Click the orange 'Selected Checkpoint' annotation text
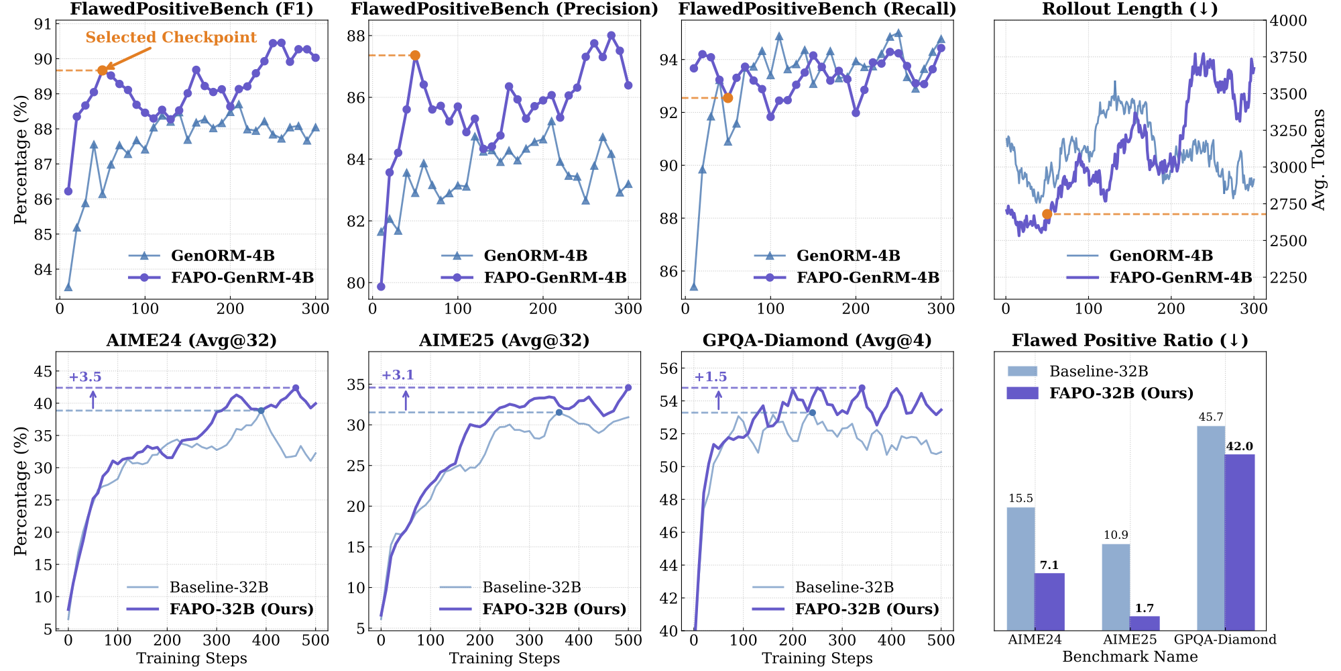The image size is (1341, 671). coord(171,38)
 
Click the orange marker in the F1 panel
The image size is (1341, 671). coord(102,70)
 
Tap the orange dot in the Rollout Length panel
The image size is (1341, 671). coord(1047,215)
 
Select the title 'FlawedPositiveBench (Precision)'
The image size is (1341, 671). coord(504,9)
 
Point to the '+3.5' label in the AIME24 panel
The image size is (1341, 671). coord(85,377)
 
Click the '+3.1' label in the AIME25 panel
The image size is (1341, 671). coord(398,375)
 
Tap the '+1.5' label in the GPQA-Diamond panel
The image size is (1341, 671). coord(711,377)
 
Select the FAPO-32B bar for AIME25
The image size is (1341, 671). coord(1145,623)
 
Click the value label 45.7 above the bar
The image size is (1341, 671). coord(1211,417)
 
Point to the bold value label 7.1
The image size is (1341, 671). coord(1049,566)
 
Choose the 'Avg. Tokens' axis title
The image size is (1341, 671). coord(1319,160)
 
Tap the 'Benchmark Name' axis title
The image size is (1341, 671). coord(1130,657)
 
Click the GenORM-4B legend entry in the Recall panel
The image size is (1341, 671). coord(848,256)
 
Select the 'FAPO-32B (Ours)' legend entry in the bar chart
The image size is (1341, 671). coord(1121,393)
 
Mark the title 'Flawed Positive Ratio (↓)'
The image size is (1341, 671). coord(1130,341)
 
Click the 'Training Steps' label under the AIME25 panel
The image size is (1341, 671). coord(504,658)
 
